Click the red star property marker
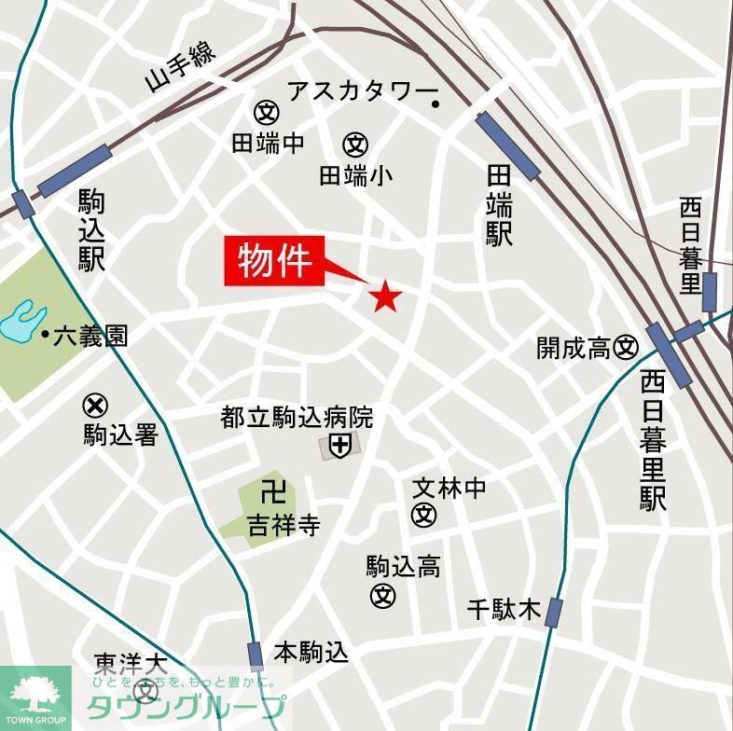pyautogui.click(x=384, y=297)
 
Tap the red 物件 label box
pyautogui.click(x=274, y=261)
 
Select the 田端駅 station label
pyautogui.click(x=500, y=205)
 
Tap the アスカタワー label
pyautogui.click(x=362, y=91)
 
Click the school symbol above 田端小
pyautogui.click(x=355, y=145)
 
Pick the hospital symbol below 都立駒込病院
pyautogui.click(x=339, y=447)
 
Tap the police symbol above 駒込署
pyautogui.click(x=95, y=406)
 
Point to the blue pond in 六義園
pyautogui.click(x=22, y=323)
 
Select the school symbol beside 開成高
pyautogui.click(x=626, y=348)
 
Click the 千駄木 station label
pyautogui.click(x=504, y=610)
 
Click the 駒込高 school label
pyautogui.click(x=403, y=566)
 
